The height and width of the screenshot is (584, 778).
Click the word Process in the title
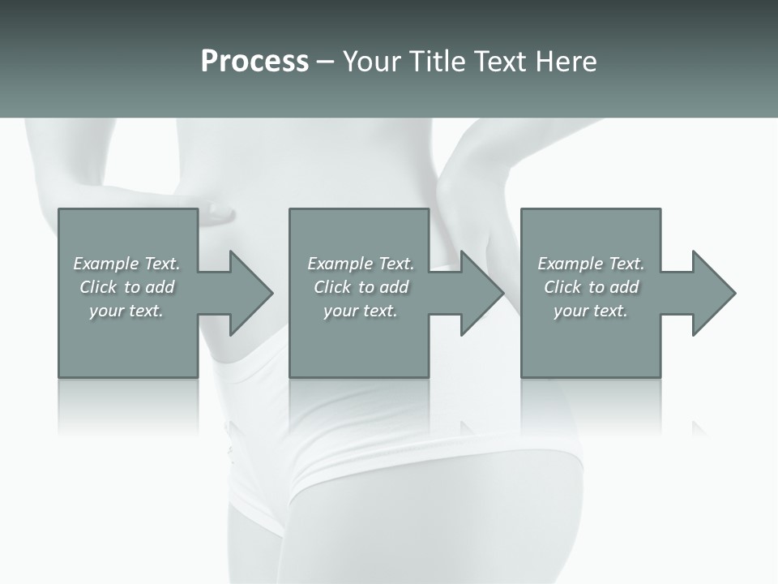coord(254,62)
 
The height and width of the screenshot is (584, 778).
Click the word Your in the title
coord(373,62)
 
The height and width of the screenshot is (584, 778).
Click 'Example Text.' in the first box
coord(126,264)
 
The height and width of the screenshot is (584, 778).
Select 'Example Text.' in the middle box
coord(361,264)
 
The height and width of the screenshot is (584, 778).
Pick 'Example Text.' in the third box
coord(591,264)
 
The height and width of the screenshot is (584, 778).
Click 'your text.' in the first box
coord(126,311)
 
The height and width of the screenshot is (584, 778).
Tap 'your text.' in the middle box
coord(361,311)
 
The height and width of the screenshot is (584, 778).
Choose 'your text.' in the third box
coord(591,311)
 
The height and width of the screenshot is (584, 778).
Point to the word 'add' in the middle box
coord(394,287)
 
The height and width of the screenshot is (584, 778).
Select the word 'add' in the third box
coord(624,287)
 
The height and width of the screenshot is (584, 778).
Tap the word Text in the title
coord(495,62)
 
